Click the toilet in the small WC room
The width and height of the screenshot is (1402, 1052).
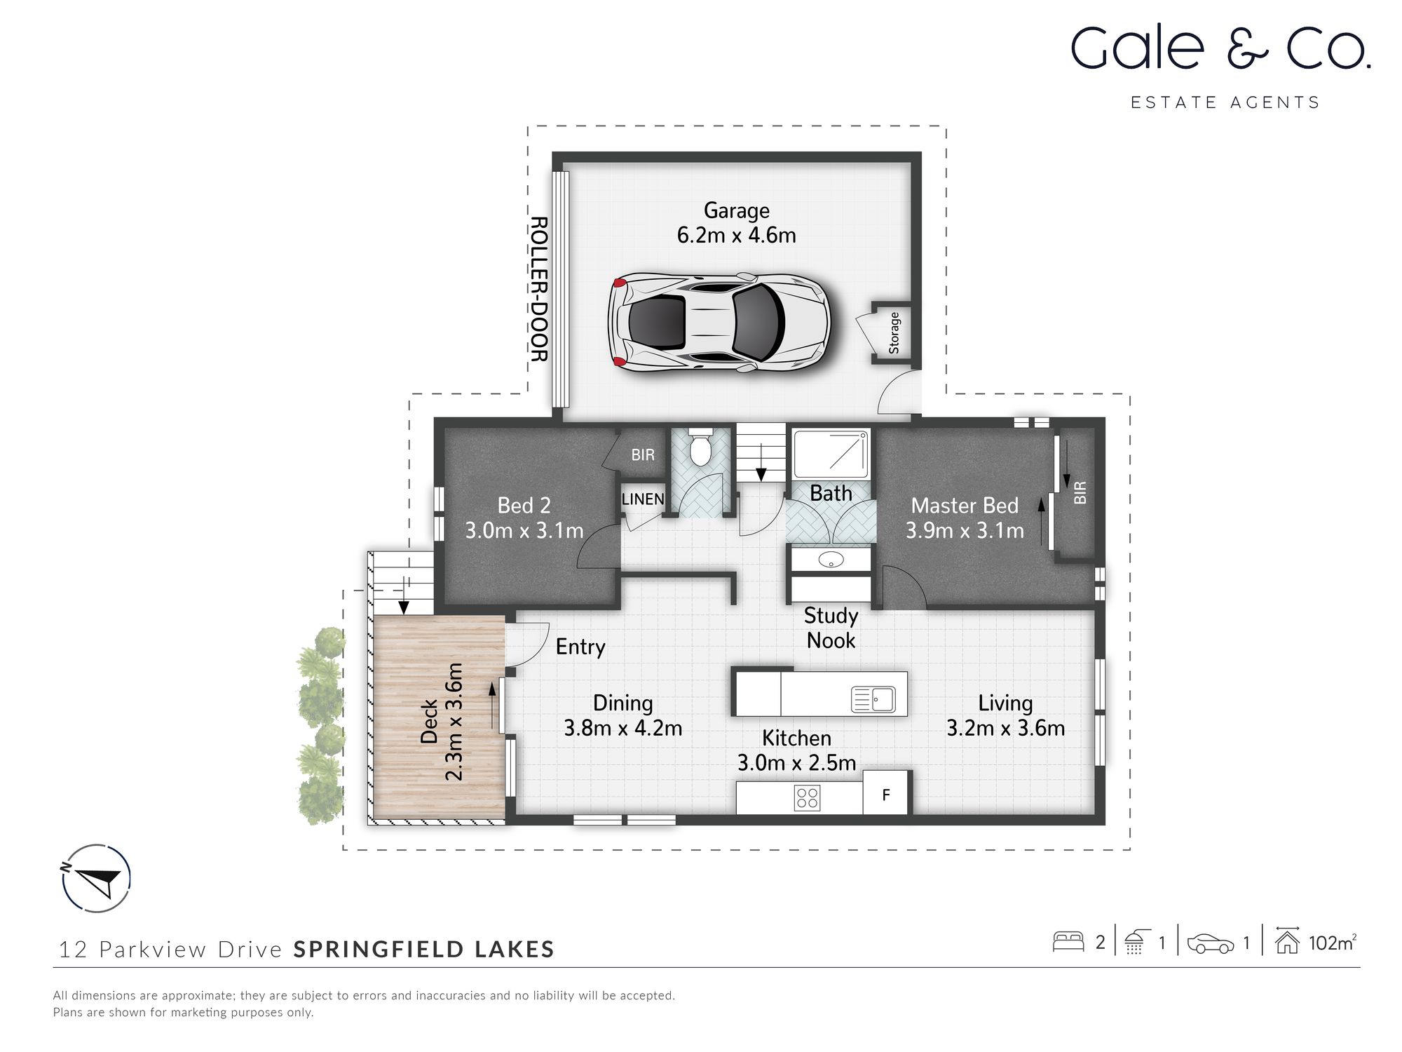pos(700,449)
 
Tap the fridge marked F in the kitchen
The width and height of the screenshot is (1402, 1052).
pos(886,795)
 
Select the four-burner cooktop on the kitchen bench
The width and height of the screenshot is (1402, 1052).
pos(807,797)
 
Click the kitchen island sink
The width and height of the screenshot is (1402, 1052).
pos(873,699)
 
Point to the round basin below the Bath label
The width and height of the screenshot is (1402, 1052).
pos(831,560)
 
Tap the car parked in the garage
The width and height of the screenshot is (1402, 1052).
pos(719,323)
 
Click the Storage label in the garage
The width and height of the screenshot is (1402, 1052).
pos(894,333)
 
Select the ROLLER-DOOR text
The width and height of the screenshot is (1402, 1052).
pos(538,289)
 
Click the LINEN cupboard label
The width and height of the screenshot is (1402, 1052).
pos(643,499)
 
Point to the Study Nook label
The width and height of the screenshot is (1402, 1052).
pos(831,628)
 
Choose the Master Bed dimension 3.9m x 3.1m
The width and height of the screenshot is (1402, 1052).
pos(965,531)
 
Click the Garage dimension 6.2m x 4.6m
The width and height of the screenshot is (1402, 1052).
pos(736,235)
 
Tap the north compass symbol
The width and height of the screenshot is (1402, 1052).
pos(97,878)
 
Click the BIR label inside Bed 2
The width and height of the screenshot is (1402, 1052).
pos(643,455)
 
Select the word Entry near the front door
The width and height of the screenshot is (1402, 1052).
pos(580,647)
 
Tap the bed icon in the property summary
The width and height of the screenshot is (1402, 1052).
pos(1068,942)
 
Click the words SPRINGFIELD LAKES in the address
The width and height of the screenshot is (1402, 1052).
pos(424,950)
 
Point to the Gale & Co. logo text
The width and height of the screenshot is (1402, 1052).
pos(1220,49)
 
